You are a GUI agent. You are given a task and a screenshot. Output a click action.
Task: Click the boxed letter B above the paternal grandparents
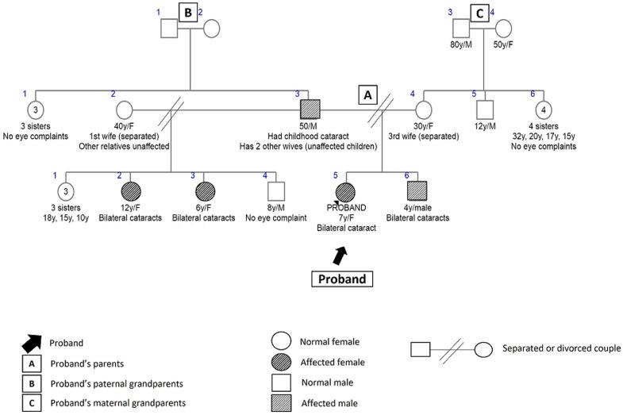[188, 13]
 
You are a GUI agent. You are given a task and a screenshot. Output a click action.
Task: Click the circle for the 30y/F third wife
[422, 109]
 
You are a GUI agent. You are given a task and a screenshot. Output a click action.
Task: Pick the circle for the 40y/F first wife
[125, 109]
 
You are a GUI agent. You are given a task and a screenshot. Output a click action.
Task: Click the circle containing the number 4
[543, 109]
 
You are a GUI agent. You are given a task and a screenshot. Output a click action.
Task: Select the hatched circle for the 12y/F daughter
[130, 190]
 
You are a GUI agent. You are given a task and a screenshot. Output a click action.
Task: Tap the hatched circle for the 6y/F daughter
[204, 190]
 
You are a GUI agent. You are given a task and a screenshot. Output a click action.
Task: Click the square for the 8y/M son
[275, 190]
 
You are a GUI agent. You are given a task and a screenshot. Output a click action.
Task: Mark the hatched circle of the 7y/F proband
[345, 191]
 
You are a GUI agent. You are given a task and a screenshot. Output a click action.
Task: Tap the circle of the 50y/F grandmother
[504, 28]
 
